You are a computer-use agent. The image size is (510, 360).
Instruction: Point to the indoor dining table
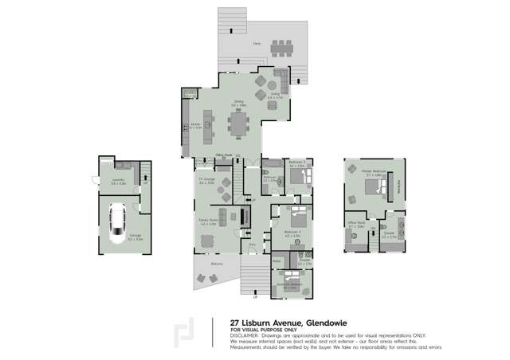238,124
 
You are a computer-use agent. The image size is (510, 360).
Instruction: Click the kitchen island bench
208,124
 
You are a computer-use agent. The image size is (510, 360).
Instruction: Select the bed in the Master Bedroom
371,188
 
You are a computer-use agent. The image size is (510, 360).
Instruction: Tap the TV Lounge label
206,180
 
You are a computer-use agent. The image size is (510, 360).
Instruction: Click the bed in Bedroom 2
296,216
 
